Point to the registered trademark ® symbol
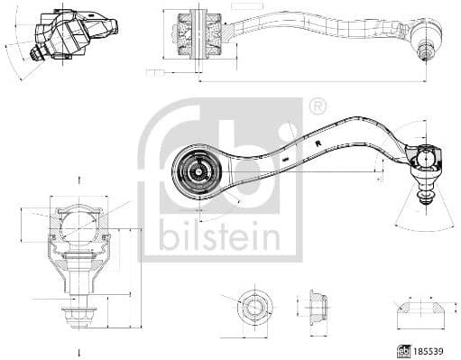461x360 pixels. click(317, 107)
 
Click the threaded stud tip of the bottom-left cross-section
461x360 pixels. click(79, 316)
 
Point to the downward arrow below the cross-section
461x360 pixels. click(79, 351)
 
